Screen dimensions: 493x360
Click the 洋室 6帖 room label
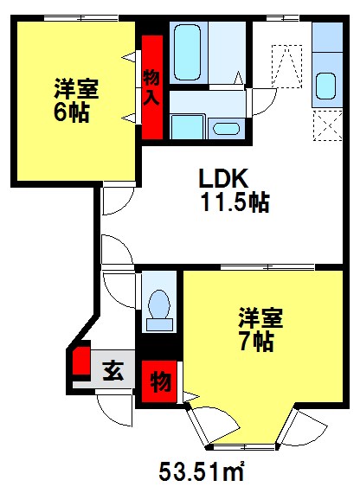[75, 100]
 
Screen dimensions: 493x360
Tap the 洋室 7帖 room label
[257, 329]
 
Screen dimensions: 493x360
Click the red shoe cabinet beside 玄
[80, 362]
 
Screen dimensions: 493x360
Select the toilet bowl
[158, 308]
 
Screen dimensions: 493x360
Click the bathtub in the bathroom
[188, 52]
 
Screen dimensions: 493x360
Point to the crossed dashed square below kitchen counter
[325, 126]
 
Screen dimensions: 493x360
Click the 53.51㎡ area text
[200, 473]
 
